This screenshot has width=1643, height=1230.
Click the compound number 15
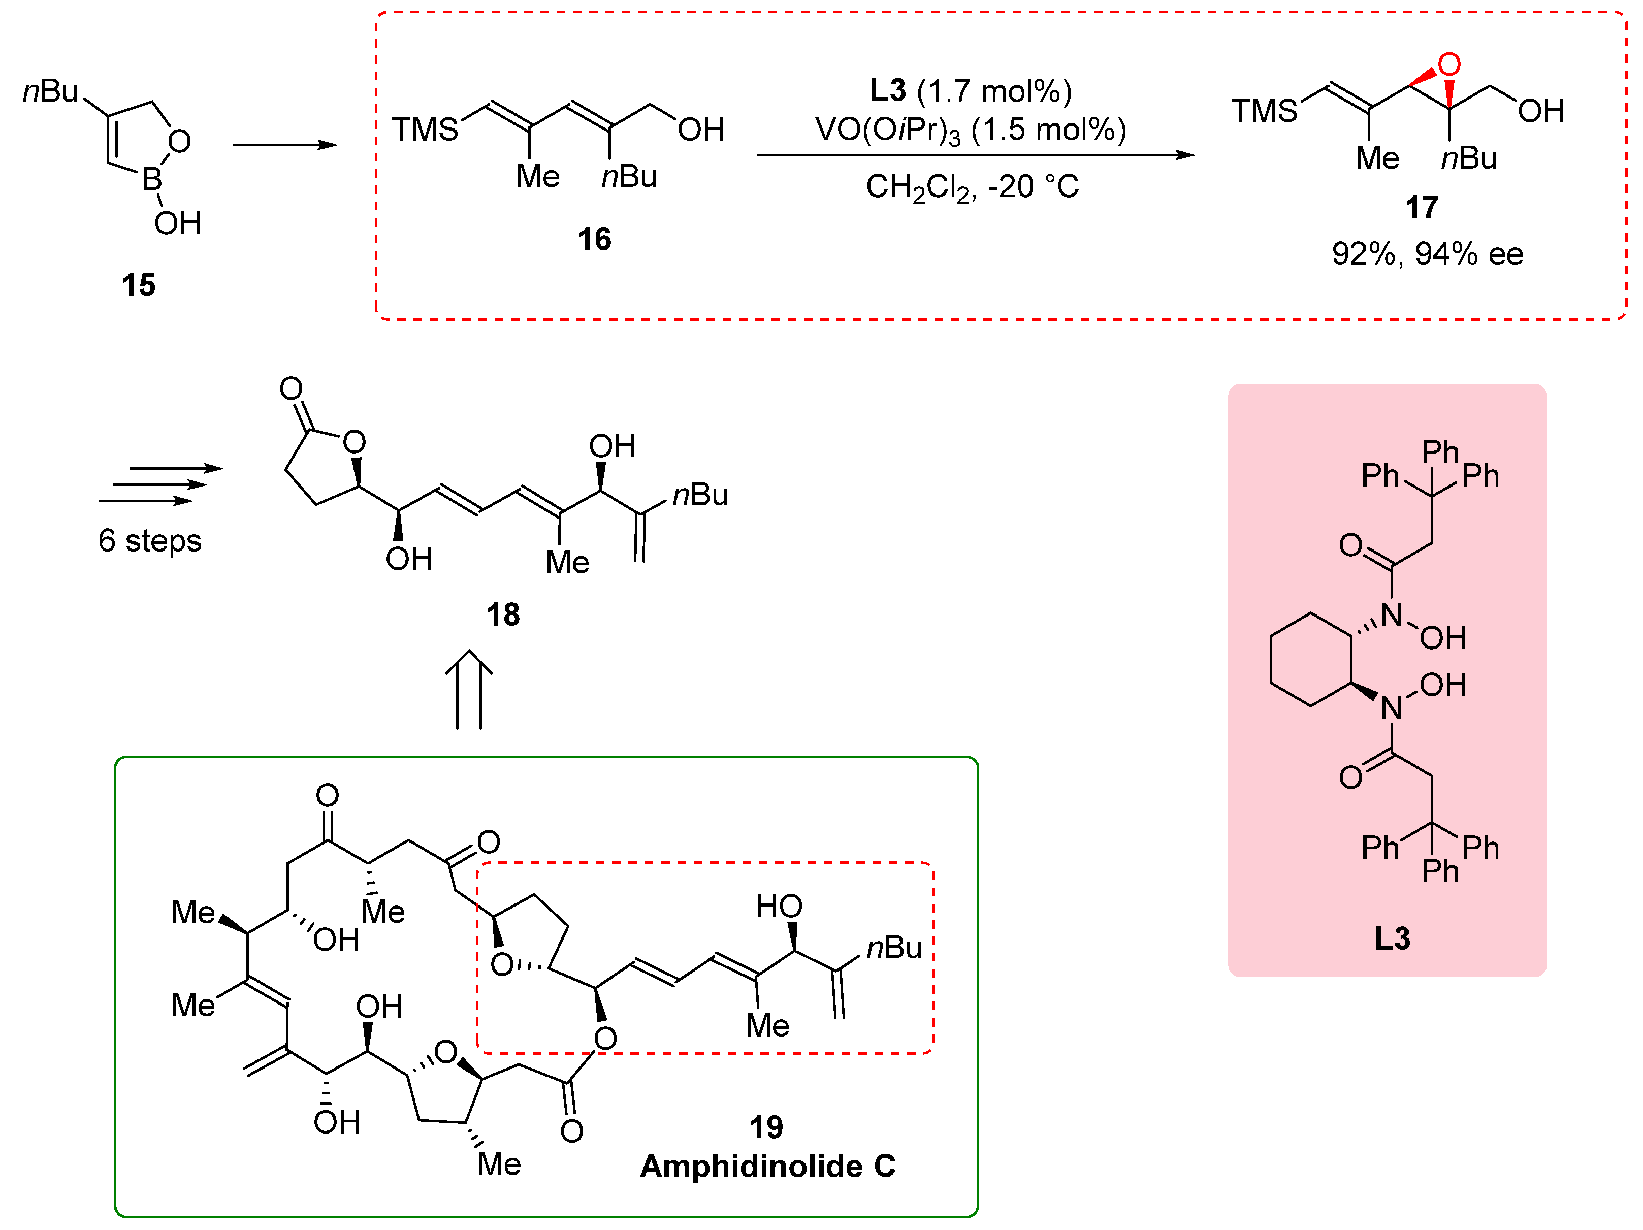pos(138,284)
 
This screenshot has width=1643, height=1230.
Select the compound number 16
pos(594,239)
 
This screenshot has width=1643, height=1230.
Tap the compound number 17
pos(1421,207)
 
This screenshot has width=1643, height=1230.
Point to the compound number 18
pos(503,614)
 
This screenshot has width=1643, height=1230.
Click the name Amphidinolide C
pos(767,1166)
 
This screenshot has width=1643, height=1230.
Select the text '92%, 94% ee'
pos(1427,254)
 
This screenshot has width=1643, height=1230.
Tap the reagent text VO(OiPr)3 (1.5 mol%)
pos(970,130)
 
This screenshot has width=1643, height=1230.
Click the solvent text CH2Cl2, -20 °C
pos(972,186)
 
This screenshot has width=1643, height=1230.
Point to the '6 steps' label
pos(149,541)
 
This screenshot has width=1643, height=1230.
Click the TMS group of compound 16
pos(425,130)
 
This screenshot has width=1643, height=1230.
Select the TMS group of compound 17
pos(1264,111)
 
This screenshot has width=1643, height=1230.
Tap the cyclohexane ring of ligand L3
pos(1310,659)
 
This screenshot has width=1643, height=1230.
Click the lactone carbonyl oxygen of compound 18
pos(291,389)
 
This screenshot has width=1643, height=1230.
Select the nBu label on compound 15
pos(50,91)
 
